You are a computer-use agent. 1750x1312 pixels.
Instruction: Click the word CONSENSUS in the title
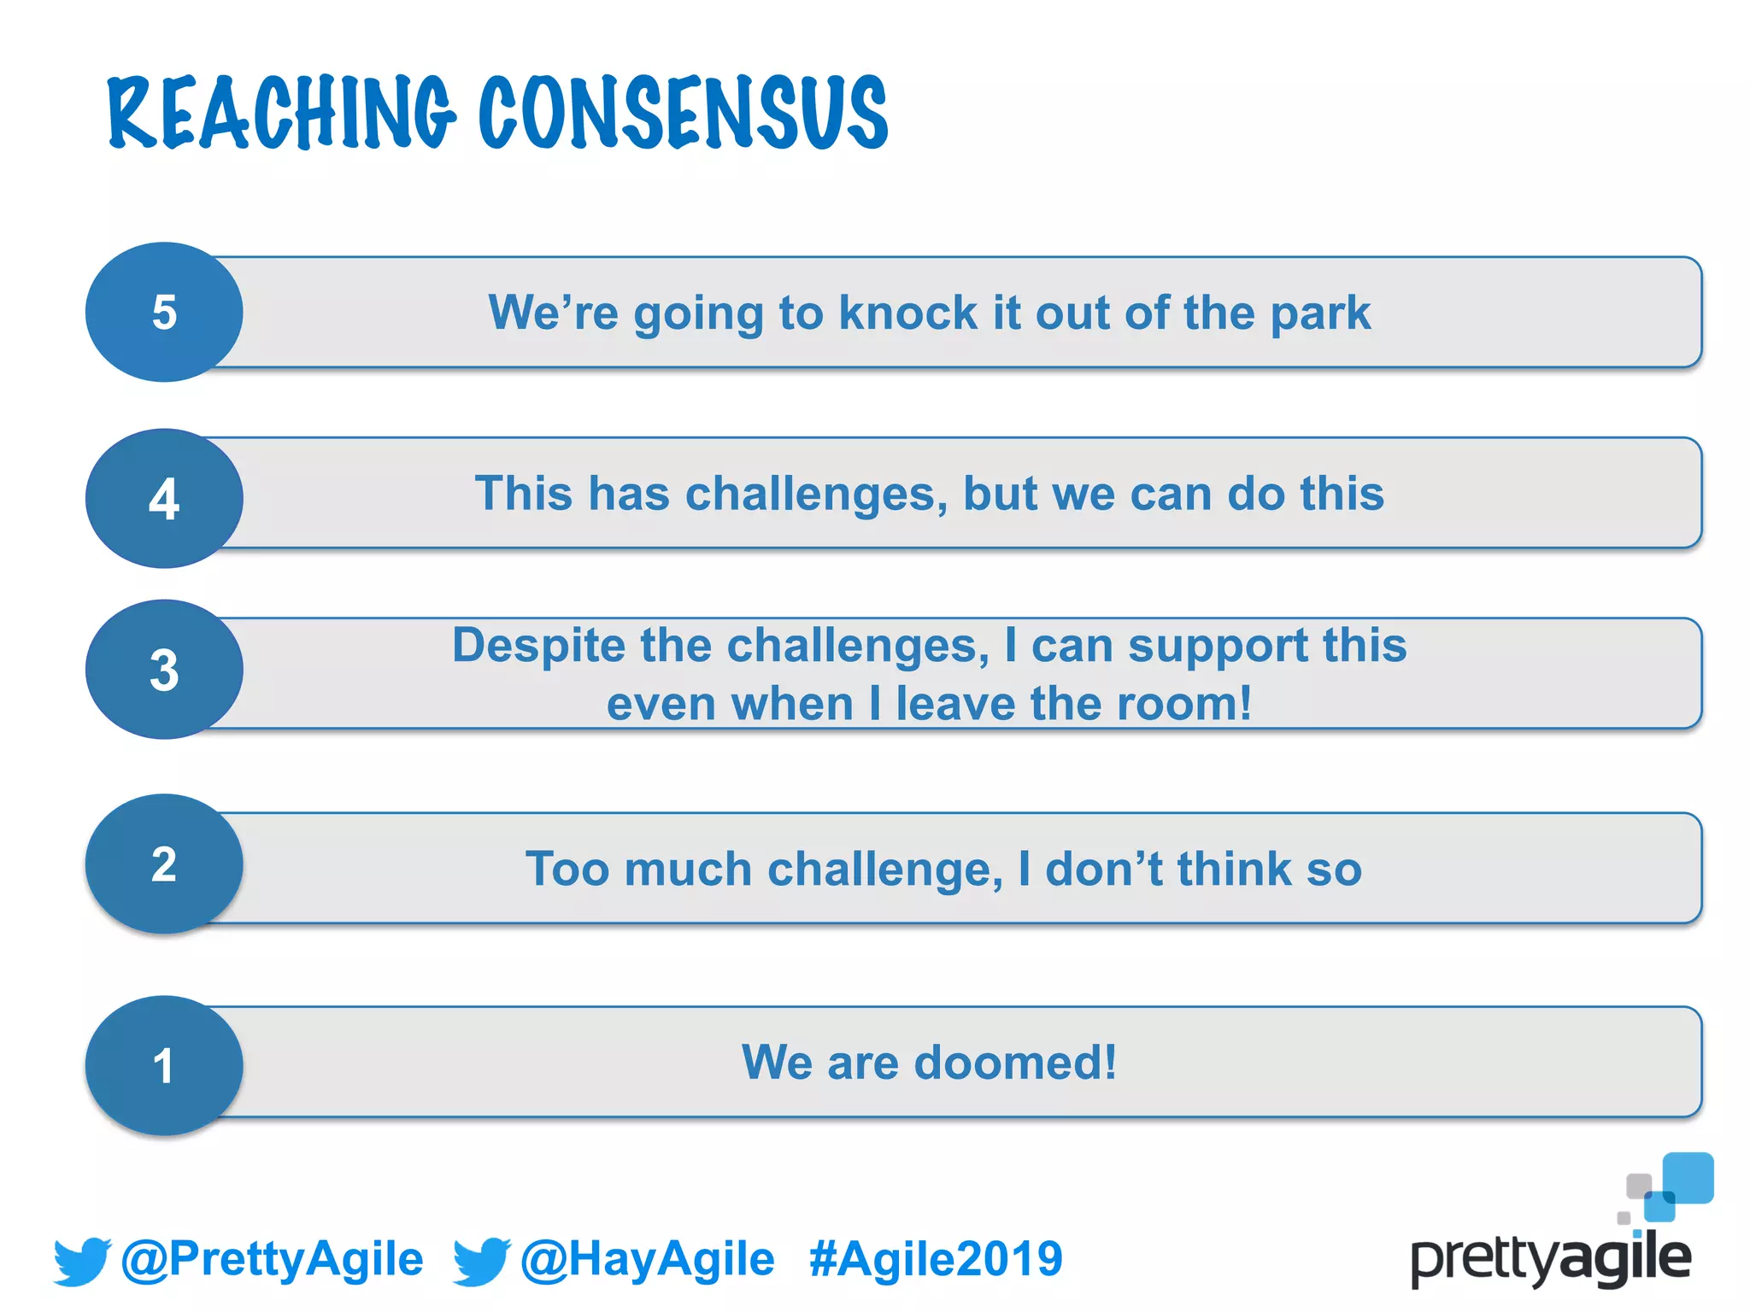pos(683,113)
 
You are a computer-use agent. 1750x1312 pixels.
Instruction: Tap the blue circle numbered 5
pos(164,312)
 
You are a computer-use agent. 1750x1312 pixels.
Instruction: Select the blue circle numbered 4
pos(164,498)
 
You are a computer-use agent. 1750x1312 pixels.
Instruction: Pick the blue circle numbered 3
pos(164,670)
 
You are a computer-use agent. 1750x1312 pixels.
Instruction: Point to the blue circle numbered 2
pos(164,864)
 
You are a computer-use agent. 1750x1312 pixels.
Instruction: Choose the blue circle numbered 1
pos(164,1065)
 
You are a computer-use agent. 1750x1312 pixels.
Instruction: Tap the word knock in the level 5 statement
pos(907,313)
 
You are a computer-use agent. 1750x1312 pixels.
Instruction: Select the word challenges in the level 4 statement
pos(816,495)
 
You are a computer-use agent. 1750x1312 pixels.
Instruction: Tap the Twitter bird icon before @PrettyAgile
pos(82,1261)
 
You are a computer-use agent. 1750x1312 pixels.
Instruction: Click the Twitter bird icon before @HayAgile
pos(481,1261)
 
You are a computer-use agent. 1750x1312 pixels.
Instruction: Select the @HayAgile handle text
pos(647,1259)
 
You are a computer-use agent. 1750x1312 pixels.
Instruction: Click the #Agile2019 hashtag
pos(936,1259)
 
